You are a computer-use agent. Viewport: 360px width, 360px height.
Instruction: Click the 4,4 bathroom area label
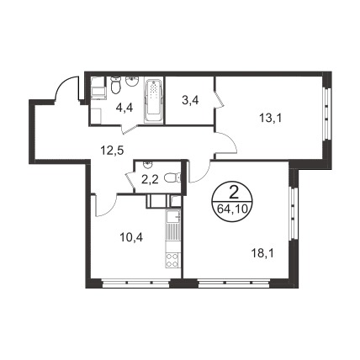point(125,108)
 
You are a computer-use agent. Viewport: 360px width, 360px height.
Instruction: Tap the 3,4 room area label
point(190,100)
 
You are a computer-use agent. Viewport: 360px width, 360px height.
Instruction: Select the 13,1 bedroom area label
point(270,119)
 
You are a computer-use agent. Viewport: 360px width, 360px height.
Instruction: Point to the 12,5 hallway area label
point(113,151)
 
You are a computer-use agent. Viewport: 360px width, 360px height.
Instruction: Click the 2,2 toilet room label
point(150,179)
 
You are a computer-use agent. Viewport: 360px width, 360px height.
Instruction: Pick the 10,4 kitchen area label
point(131,238)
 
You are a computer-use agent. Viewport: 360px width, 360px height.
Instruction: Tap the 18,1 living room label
point(262,254)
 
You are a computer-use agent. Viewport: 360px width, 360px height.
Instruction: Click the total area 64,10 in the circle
point(233,209)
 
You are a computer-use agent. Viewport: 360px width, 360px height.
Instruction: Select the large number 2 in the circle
point(233,193)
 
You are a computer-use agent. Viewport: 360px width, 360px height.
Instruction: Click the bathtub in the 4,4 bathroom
point(153,101)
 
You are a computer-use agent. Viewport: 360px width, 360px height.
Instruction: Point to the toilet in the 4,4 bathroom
point(115,84)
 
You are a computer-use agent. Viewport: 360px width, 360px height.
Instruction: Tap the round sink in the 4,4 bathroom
point(132,82)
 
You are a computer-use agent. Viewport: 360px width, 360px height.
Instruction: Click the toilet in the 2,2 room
point(172,177)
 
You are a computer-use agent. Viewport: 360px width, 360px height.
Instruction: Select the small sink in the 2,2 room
point(146,165)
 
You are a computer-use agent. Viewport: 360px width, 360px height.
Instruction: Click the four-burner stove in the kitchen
point(172,261)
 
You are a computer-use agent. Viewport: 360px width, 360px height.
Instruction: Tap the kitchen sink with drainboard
point(172,224)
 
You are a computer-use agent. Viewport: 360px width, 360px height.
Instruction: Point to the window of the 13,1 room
point(326,114)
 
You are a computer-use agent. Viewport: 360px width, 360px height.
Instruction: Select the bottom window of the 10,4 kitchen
point(136,283)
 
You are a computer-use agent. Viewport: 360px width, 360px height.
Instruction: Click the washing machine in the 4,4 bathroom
point(98,88)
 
